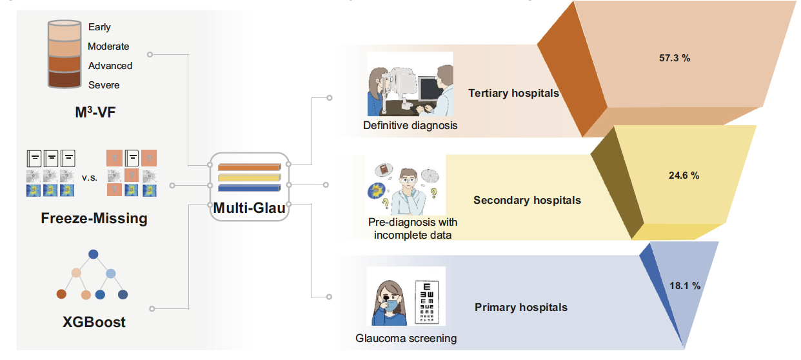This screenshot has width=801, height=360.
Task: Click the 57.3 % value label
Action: click(x=675, y=58)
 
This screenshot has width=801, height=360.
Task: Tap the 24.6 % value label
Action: click(x=683, y=175)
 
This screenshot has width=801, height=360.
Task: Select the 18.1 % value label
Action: click(x=684, y=285)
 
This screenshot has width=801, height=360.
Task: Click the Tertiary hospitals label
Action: click(x=513, y=93)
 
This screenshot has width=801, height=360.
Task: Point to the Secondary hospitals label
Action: click(x=527, y=200)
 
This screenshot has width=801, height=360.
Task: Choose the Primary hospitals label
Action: click(x=521, y=307)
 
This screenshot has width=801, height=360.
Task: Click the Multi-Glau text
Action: click(x=249, y=208)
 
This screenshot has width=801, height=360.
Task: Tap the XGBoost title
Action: click(x=94, y=321)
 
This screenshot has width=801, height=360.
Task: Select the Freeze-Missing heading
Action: click(x=94, y=218)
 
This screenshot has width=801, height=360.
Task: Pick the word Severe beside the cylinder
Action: click(x=104, y=85)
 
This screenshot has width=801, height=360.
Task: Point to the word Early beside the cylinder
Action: click(x=99, y=27)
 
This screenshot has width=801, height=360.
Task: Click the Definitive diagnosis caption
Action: click(x=410, y=125)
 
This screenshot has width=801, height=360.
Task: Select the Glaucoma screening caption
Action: click(x=406, y=337)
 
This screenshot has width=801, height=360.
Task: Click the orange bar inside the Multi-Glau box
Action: click(x=248, y=168)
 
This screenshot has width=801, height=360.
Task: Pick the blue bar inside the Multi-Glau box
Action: click(x=248, y=188)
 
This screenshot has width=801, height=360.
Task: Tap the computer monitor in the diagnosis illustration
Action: click(x=428, y=87)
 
